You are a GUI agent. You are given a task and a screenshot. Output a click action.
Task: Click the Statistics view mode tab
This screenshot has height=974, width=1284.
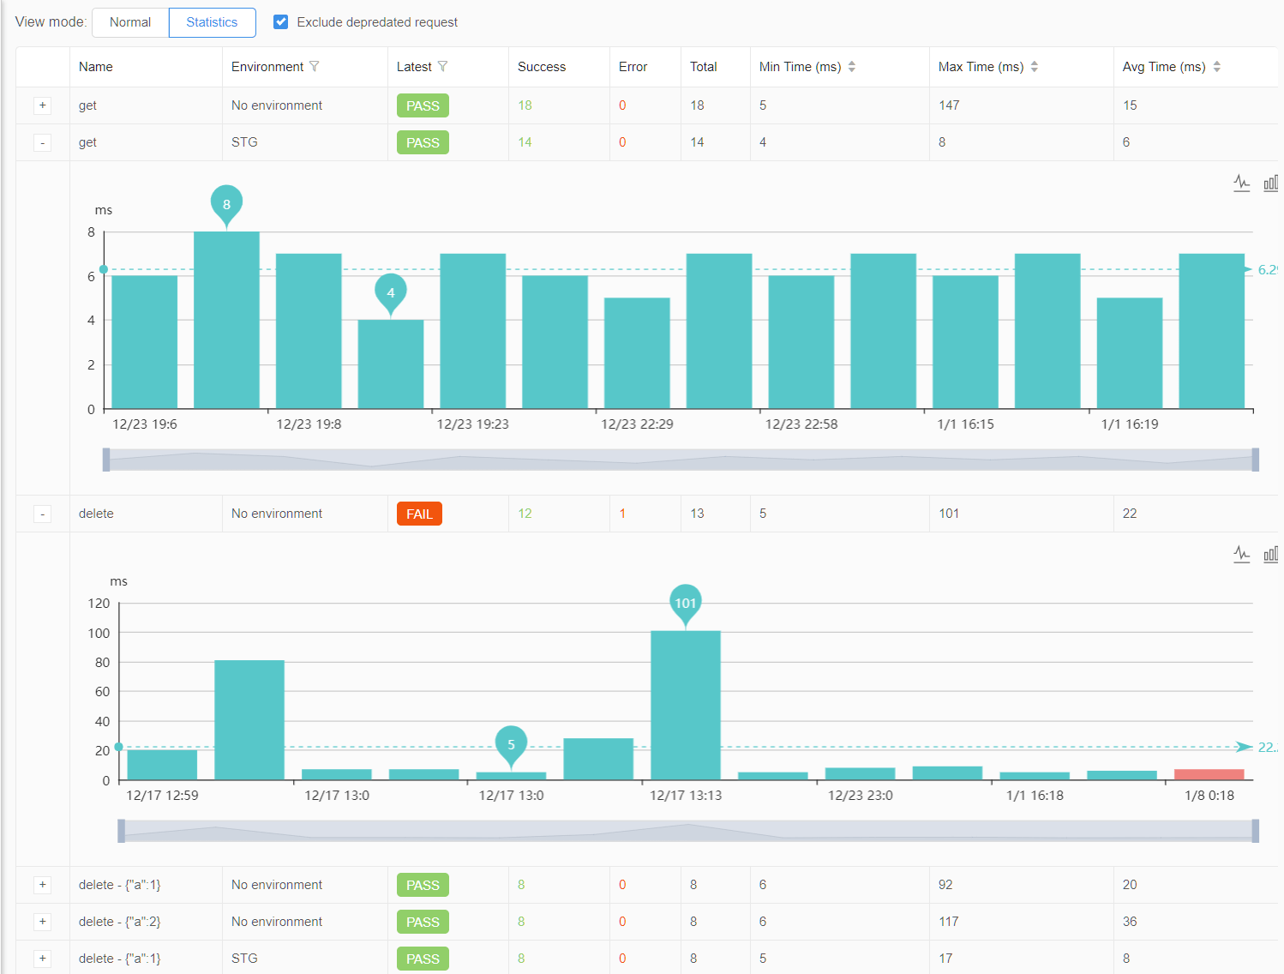pos(212,22)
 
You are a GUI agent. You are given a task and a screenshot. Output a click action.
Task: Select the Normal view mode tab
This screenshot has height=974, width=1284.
pos(130,22)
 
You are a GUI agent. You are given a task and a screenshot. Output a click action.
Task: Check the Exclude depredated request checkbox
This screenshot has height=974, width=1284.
pos(280,22)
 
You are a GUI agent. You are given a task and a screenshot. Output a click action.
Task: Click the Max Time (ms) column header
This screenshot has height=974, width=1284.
pos(981,67)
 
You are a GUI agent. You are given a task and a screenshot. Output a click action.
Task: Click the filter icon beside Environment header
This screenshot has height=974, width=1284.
pos(315,67)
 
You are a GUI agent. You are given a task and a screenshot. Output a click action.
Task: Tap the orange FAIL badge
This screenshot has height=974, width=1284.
pos(419,514)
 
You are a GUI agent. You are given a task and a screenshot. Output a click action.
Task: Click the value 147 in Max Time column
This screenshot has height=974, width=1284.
pos(949,105)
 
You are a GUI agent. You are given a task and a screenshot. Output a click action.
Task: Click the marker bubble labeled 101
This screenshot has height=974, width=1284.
pos(686,603)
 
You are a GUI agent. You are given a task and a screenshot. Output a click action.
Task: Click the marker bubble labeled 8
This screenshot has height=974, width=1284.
pos(226,204)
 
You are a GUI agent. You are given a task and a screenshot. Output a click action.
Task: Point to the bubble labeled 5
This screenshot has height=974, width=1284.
pos(511,743)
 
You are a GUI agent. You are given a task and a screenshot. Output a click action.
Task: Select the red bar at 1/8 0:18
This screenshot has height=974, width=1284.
pos(1209,774)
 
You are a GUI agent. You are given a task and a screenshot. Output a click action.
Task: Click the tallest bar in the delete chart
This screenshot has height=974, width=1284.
pos(686,705)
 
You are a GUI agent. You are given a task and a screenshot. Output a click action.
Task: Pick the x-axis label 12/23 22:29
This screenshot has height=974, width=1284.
pos(637,424)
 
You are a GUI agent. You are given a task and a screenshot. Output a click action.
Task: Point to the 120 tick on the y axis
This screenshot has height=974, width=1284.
pos(99,604)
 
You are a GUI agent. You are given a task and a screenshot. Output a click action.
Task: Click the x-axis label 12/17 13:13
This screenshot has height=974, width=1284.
pos(686,796)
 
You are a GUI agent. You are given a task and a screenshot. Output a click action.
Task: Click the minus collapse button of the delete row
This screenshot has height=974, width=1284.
pos(43,514)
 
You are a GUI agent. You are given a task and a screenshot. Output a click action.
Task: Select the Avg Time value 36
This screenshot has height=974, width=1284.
pos(1130,922)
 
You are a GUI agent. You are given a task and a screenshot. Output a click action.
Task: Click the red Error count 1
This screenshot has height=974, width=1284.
pos(622,514)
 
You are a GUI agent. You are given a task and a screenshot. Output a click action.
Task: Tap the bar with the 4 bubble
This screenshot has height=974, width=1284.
pos(391,364)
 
